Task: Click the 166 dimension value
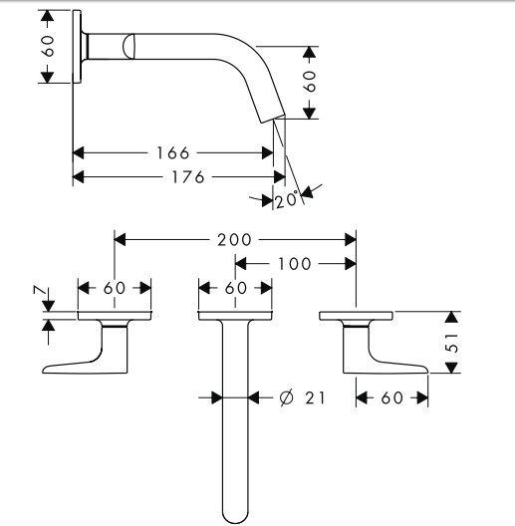(x=173, y=153)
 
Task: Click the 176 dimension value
(x=188, y=176)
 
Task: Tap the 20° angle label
(x=287, y=199)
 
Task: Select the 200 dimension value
(x=234, y=240)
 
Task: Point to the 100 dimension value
(x=294, y=264)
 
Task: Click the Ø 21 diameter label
(x=302, y=397)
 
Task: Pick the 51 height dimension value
(x=452, y=342)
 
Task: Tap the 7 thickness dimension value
(x=39, y=290)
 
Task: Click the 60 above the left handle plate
(x=115, y=288)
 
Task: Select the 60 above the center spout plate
(x=235, y=288)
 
